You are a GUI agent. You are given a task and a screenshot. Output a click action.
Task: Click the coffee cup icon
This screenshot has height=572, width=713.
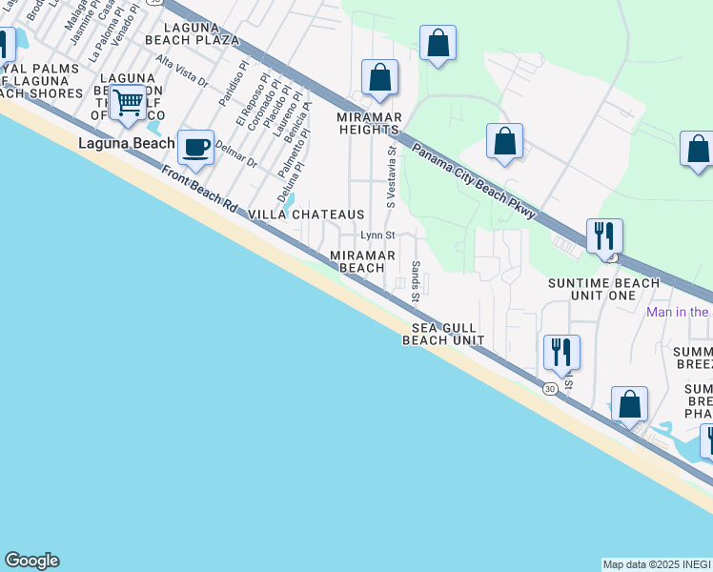[x=195, y=148]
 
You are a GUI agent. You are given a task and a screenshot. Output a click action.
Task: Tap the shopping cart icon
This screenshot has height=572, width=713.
[x=127, y=102]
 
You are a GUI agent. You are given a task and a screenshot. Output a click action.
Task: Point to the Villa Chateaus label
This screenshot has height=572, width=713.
[x=306, y=215]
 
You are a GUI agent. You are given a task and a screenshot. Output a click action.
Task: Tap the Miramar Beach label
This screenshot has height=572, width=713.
[x=356, y=261]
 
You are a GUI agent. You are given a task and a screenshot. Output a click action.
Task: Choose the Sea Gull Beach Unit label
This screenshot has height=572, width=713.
[x=443, y=334]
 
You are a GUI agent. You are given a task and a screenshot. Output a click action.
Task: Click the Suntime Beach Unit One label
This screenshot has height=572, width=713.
[x=603, y=289]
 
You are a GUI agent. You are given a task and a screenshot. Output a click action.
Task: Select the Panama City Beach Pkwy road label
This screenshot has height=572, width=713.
[x=474, y=182]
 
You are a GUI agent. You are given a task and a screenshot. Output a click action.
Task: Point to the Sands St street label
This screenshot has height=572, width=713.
[x=416, y=282]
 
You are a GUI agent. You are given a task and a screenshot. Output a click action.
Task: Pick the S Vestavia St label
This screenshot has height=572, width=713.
[x=390, y=176]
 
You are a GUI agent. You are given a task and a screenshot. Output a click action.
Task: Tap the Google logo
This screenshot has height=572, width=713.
[x=31, y=561]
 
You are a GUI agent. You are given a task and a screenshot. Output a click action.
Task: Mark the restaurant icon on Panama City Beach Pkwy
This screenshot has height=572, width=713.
[x=604, y=235]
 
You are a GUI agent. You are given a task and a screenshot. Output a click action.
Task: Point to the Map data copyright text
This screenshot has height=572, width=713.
[x=657, y=564]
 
